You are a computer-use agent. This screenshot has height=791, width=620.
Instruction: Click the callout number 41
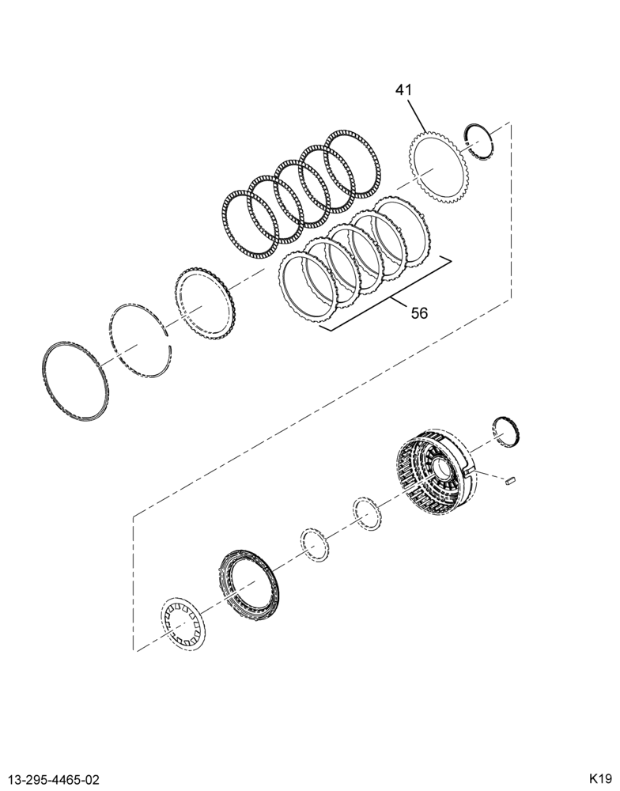[403, 90]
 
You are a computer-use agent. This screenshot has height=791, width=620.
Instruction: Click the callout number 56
[419, 313]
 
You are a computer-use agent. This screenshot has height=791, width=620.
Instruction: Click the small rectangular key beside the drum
[509, 480]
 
